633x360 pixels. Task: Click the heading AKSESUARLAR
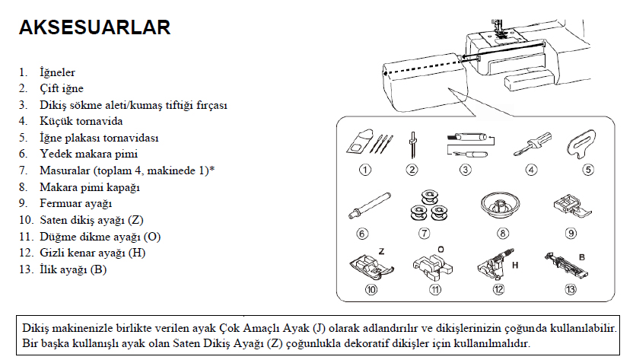pos(94,28)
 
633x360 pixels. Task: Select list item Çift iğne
pos(62,88)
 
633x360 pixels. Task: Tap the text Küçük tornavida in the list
pos(81,121)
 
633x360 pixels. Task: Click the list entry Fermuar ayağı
pos(76,203)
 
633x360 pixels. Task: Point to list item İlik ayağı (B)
pos(74,269)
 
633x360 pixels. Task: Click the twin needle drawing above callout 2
pos(412,144)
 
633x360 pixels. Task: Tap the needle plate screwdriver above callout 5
pos(582,143)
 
